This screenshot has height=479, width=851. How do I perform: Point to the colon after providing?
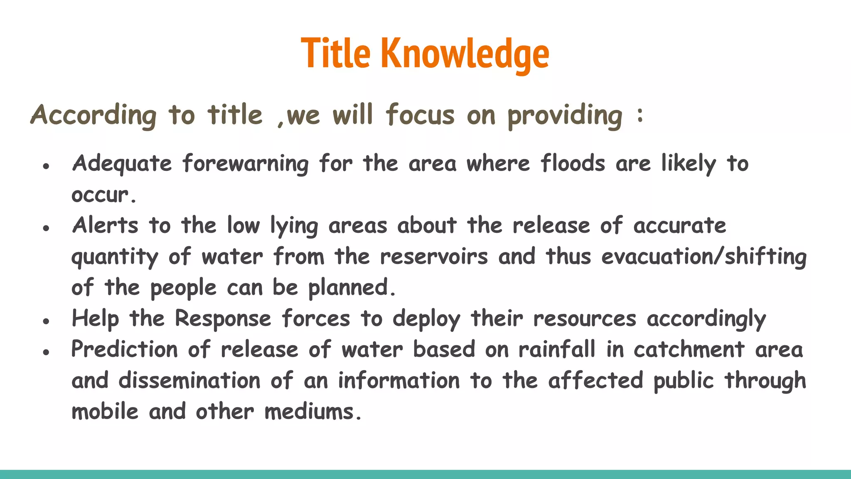640,115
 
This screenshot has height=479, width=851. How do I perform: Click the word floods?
573,163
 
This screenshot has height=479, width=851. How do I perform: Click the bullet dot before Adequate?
46,166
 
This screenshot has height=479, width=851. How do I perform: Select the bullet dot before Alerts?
46,228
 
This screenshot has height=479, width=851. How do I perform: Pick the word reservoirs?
434,256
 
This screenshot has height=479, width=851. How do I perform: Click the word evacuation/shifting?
703,256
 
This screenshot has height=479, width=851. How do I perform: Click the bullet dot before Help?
46,321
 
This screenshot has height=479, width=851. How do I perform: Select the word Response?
223,319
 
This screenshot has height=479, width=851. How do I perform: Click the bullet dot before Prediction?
46,352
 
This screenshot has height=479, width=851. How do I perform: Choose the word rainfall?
557,349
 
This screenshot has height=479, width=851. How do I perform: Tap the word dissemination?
189,380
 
